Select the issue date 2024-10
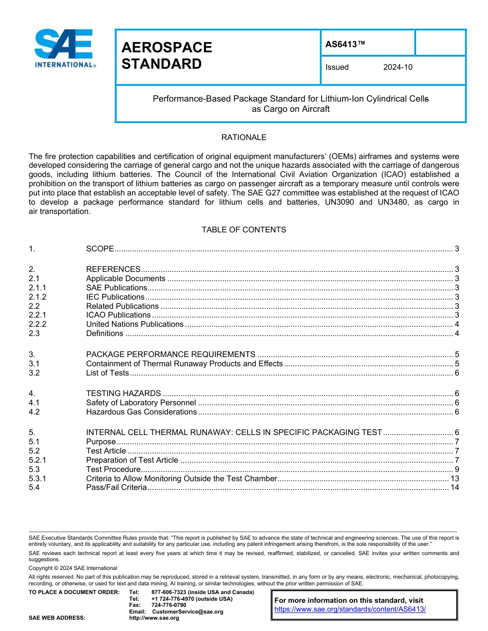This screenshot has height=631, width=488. (x=398, y=67)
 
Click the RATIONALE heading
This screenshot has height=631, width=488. (x=243, y=137)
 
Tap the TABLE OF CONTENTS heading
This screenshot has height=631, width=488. (x=243, y=230)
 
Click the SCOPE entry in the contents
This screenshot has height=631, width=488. (x=100, y=249)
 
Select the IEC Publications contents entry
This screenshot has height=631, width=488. (x=115, y=297)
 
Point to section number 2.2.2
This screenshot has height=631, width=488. (x=37, y=324)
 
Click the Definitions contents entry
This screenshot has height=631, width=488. (x=104, y=333)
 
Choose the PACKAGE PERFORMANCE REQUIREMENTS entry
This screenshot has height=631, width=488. (x=171, y=354)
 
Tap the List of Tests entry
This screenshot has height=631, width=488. (x=107, y=373)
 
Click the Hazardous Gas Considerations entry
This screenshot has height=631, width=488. (x=141, y=412)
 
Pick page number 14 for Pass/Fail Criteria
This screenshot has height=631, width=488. (x=454, y=487)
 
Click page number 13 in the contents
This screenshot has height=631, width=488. (x=454, y=479)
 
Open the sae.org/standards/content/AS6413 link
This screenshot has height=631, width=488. (x=350, y=609)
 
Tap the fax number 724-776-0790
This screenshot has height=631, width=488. (x=168, y=605)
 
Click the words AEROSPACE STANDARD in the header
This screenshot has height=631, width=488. (x=166, y=56)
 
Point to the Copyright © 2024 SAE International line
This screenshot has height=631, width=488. (x=73, y=568)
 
